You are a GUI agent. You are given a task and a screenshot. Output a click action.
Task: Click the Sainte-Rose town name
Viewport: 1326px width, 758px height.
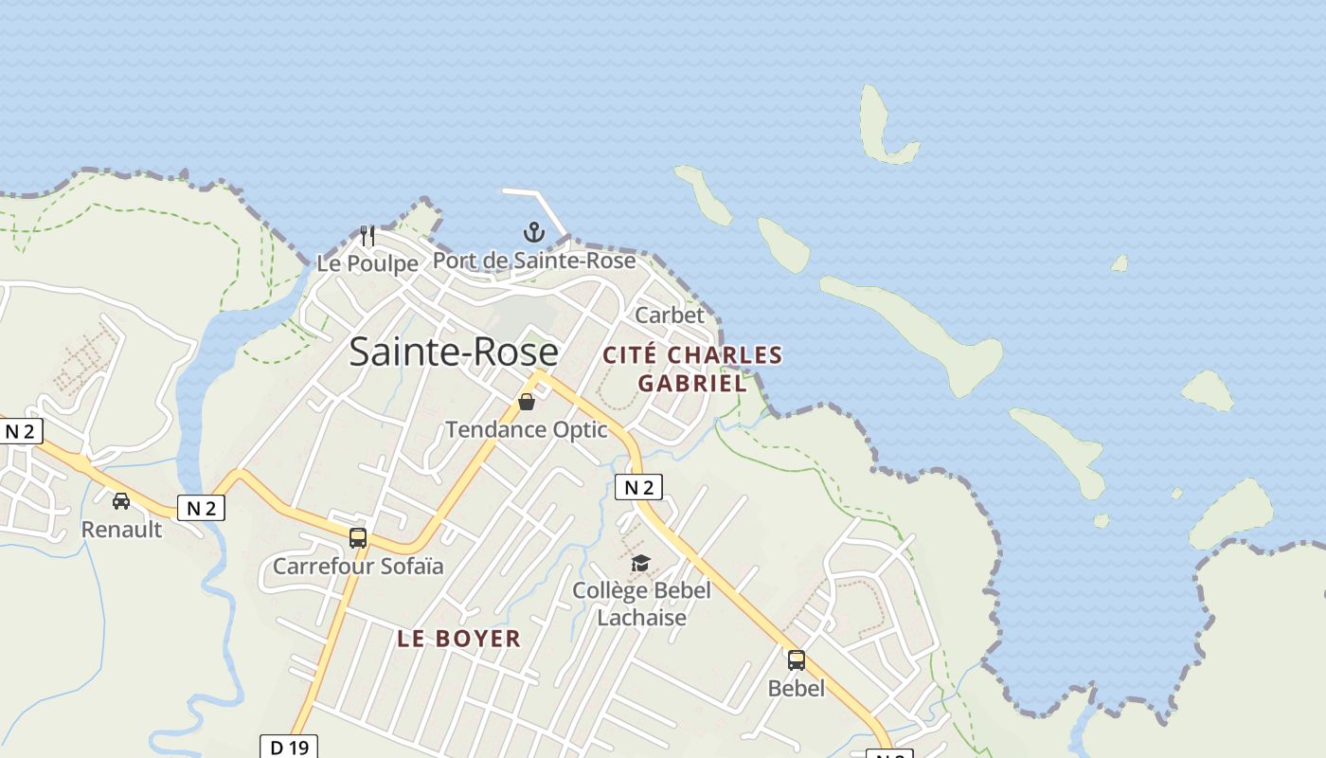454,352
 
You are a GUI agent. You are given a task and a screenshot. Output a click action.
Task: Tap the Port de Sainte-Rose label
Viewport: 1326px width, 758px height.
534,261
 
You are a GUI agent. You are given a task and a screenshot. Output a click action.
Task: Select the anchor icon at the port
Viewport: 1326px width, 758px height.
534,232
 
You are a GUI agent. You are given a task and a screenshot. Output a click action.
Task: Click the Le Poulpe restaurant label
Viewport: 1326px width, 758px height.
367,263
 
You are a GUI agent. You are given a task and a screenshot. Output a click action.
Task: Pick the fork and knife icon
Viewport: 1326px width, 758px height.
367,235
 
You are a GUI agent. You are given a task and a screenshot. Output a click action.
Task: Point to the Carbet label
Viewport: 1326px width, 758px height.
670,315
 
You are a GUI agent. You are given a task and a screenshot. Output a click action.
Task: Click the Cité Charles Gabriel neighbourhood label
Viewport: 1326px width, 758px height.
693,369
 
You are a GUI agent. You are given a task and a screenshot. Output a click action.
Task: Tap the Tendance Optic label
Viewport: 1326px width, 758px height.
527,429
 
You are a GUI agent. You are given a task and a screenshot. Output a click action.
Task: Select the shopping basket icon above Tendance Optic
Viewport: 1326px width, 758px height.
527,403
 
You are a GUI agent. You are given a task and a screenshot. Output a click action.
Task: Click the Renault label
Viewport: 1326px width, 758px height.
121,530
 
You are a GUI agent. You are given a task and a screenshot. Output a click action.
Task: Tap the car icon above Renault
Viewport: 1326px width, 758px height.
121,501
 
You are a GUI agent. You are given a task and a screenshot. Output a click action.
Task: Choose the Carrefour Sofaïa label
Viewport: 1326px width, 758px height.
358,567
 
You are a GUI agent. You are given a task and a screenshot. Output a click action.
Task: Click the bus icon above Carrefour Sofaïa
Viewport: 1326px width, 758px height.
358,538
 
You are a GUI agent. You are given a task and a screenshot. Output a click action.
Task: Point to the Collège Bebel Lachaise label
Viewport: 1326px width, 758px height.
641,604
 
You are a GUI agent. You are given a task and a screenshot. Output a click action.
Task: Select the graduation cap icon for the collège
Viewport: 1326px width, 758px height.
641,564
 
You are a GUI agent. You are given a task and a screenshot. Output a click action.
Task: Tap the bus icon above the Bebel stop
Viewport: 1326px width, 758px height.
797,660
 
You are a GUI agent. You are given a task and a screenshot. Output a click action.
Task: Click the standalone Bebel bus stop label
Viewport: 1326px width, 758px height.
797,689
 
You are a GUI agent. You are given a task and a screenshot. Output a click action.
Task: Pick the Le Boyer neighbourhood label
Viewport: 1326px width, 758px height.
459,639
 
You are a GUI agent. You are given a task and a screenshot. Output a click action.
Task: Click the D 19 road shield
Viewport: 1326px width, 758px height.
289,748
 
